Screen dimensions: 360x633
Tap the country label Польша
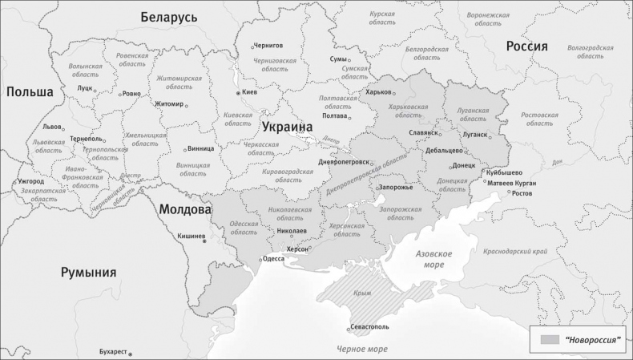pyautogui.click(x=30, y=92)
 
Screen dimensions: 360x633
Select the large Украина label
pyautogui.click(x=287, y=127)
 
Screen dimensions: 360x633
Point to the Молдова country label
pyautogui.click(x=184, y=209)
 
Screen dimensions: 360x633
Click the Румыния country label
pyautogui.click(x=89, y=273)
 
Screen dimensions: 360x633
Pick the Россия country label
pyautogui.click(x=526, y=47)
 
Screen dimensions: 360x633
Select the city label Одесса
pyautogui.click(x=273, y=259)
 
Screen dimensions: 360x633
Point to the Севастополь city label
pyautogui.click(x=370, y=327)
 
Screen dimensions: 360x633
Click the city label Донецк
pyautogui.click(x=464, y=166)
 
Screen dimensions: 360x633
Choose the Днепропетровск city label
pyautogui.click(x=344, y=162)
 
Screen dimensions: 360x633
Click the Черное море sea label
pyautogui.click(x=361, y=350)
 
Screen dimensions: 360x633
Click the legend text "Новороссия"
pyautogui.click(x=593, y=340)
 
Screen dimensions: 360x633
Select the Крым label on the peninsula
pyautogui.click(x=362, y=293)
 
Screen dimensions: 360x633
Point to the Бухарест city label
pyautogui.click(x=112, y=351)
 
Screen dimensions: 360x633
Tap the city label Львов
pyautogui.click(x=52, y=127)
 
